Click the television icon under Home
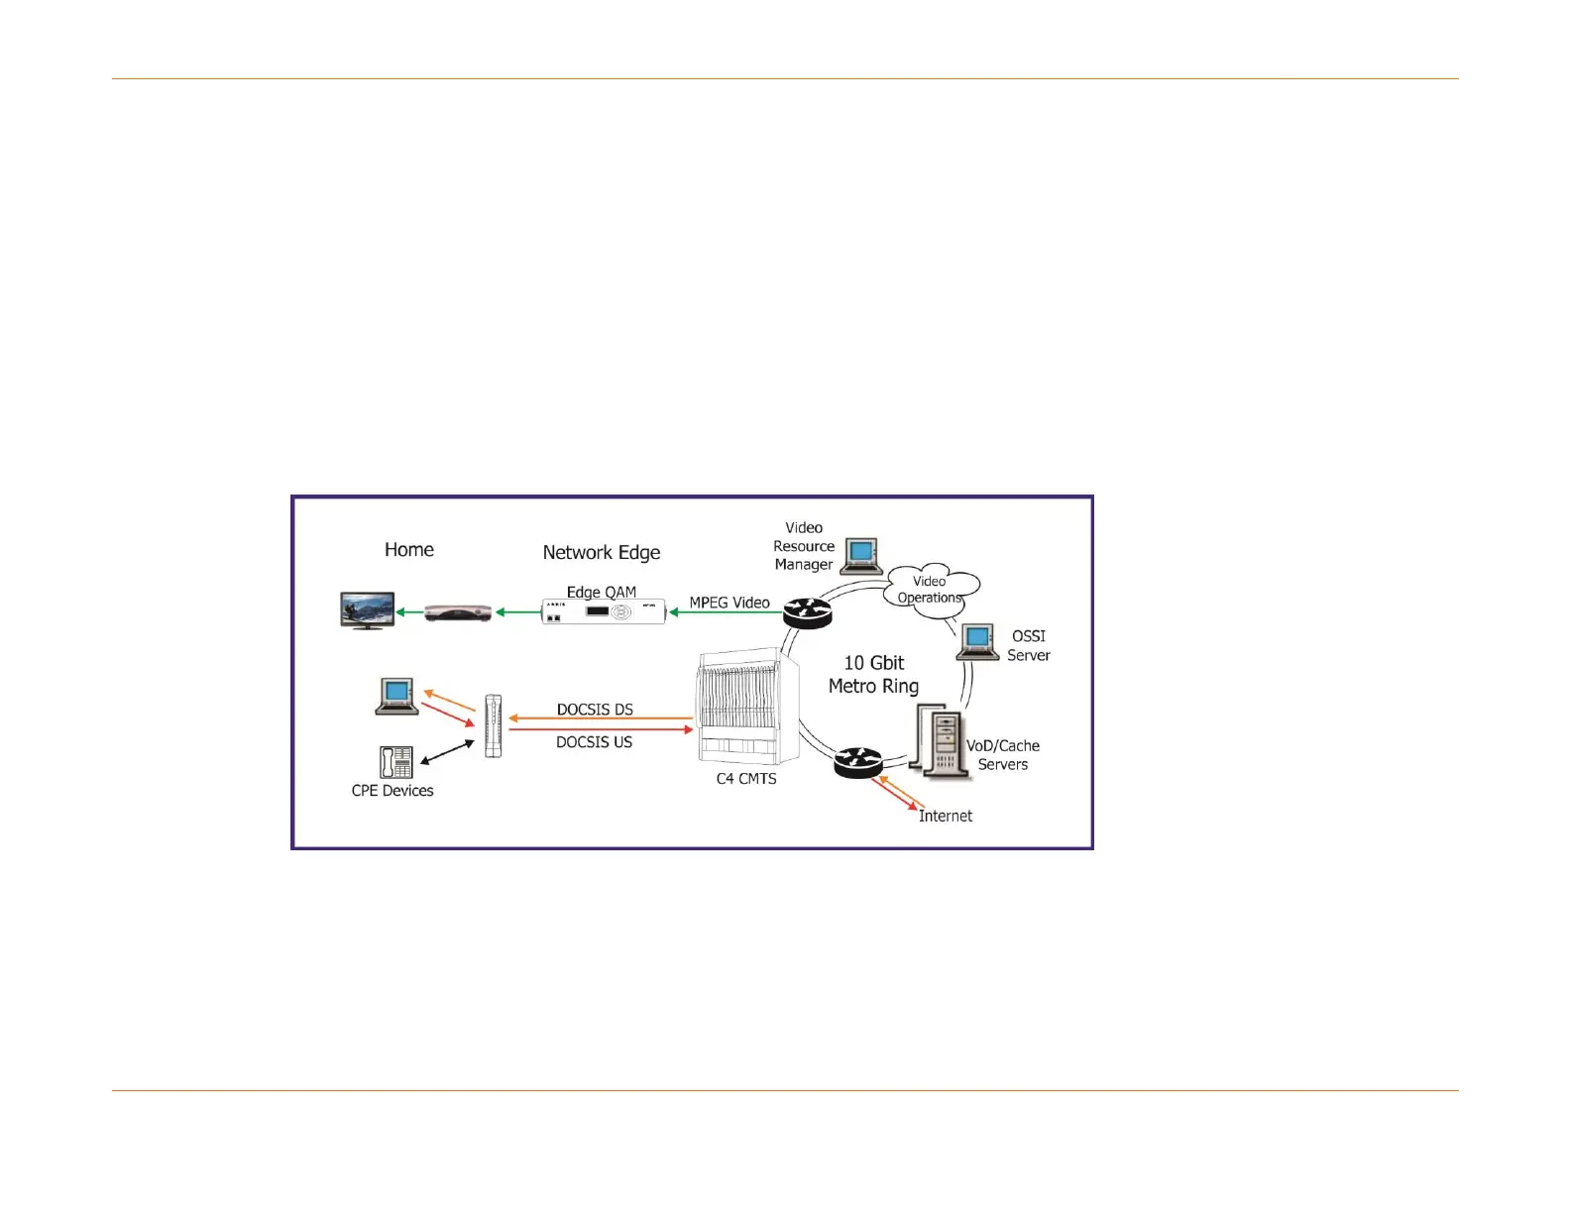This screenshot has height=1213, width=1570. click(367, 610)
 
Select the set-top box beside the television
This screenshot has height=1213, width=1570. click(458, 613)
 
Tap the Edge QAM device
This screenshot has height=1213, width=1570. click(603, 612)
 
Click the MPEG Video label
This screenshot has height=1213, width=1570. click(729, 603)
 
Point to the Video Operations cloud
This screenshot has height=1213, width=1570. click(930, 591)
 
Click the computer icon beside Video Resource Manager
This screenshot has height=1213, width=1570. click(861, 556)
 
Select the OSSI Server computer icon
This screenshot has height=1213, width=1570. click(977, 642)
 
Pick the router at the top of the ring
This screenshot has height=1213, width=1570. click(807, 612)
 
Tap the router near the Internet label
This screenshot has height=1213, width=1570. click(856, 762)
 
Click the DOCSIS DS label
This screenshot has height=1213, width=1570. click(595, 710)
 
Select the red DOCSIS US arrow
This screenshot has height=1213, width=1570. click(601, 730)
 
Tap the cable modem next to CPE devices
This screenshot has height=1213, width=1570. click(494, 726)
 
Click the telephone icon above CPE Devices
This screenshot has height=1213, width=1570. click(395, 762)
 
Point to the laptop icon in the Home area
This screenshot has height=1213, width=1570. click(397, 696)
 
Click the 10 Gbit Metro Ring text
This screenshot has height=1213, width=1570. click(873, 675)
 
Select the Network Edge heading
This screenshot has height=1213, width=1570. click(601, 552)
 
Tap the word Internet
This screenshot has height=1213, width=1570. click(945, 816)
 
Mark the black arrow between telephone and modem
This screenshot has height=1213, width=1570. click(448, 752)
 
